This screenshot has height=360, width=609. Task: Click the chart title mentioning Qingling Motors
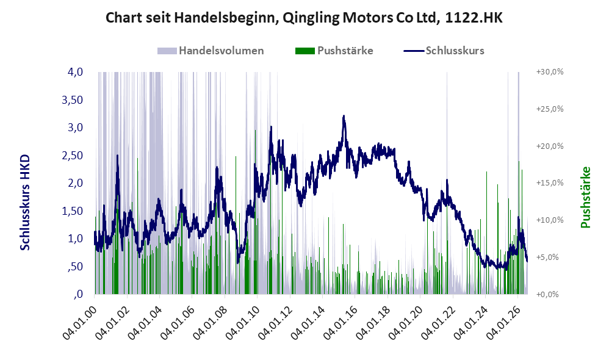[x=304, y=18]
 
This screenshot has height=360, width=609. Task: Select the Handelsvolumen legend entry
[x=211, y=51]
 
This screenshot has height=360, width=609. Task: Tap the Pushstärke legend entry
[x=334, y=51]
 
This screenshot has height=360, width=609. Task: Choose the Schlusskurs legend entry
[x=444, y=51]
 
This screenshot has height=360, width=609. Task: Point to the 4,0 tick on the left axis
[x=75, y=72]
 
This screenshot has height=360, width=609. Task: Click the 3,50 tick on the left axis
[x=72, y=100]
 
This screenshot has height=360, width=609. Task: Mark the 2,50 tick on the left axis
[x=72, y=156]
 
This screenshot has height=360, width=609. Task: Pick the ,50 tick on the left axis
[x=75, y=267]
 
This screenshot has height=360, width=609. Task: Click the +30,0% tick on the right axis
[x=550, y=72]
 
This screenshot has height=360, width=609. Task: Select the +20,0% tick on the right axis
[x=550, y=146]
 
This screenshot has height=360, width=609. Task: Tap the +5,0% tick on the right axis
[x=550, y=257]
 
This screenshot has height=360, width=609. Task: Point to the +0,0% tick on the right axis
[x=550, y=294]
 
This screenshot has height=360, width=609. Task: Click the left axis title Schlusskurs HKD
[x=25, y=203]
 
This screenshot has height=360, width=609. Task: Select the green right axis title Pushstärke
[x=586, y=197]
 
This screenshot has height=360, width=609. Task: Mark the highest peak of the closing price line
[x=344, y=116]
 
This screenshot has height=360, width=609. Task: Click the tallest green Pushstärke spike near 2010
[x=255, y=212]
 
